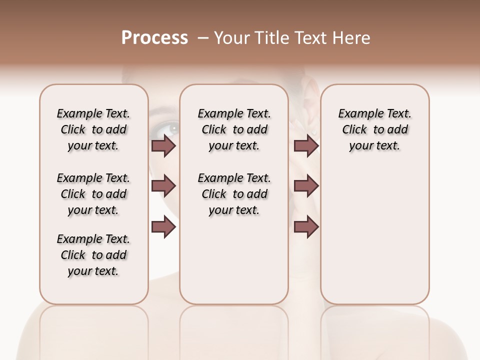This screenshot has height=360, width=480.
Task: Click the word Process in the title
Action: tap(154, 38)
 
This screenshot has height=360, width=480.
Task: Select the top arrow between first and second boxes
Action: tap(163, 145)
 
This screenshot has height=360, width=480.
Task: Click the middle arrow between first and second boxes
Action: tap(163, 186)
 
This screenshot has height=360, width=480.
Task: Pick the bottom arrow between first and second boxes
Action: tap(163, 227)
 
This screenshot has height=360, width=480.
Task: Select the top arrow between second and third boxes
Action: tap(306, 145)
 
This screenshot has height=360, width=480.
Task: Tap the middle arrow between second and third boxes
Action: tap(306, 186)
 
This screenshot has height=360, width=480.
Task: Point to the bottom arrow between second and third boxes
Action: tap(306, 227)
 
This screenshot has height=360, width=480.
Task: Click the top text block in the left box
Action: tap(93, 129)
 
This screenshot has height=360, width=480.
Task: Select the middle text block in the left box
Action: tap(93, 194)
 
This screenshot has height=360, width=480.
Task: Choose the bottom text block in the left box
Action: tap(93, 255)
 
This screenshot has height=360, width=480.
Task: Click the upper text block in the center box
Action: tap(234, 129)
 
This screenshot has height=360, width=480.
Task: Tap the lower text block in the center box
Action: tap(234, 194)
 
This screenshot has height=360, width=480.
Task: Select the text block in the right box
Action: tap(375, 129)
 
